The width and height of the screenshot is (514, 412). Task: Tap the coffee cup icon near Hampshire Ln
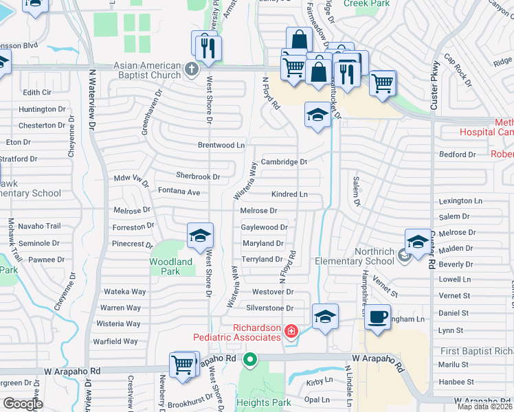377,317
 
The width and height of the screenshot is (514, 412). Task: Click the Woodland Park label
171,266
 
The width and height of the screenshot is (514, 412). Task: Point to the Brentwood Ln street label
221,146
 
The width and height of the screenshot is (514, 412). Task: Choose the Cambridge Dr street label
283,162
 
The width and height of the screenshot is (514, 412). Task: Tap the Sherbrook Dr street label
198,176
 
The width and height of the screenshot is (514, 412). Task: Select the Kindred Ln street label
289,194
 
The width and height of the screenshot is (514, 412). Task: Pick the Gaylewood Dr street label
264,227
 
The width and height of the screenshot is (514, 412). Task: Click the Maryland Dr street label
262,244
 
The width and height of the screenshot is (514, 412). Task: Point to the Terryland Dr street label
262,260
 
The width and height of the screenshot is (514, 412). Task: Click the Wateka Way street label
124,292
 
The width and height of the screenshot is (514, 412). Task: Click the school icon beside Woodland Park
200,236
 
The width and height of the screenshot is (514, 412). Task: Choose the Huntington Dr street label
43,109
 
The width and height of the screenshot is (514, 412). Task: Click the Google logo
23,404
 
